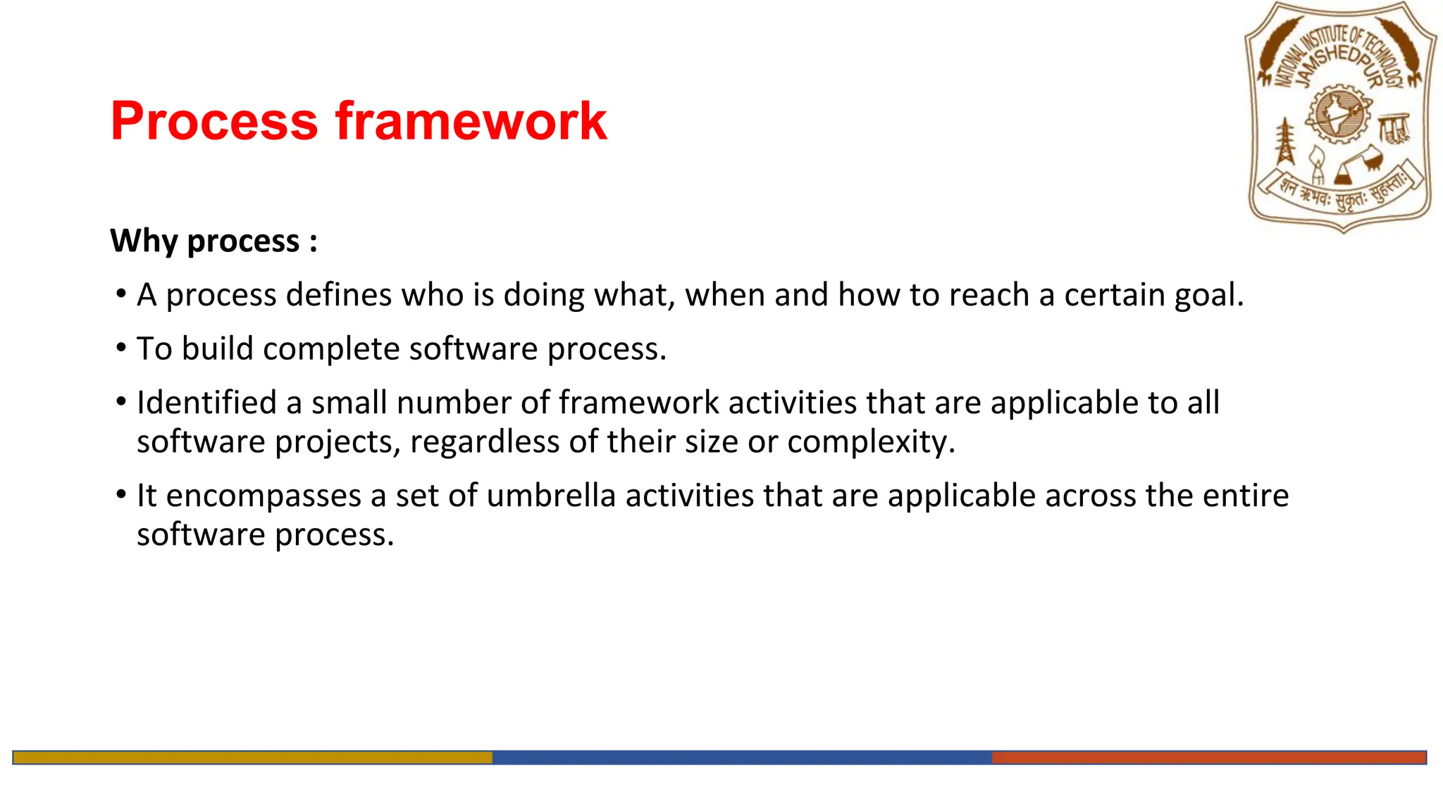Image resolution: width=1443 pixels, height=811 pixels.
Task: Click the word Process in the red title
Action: point(214,121)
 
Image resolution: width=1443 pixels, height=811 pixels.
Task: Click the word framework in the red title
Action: point(471,121)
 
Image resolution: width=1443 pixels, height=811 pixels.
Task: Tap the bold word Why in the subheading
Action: point(144,241)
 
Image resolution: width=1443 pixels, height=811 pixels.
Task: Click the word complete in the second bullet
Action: point(331,349)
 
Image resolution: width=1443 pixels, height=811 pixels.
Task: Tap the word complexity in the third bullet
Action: point(871,442)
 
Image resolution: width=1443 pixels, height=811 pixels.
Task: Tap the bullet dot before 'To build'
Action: point(121,348)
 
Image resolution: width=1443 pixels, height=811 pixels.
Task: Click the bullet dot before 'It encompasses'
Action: point(121,495)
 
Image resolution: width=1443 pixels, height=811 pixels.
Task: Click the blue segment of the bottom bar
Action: point(741,757)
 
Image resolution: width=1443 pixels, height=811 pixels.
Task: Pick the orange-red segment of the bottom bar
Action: point(1208,757)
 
